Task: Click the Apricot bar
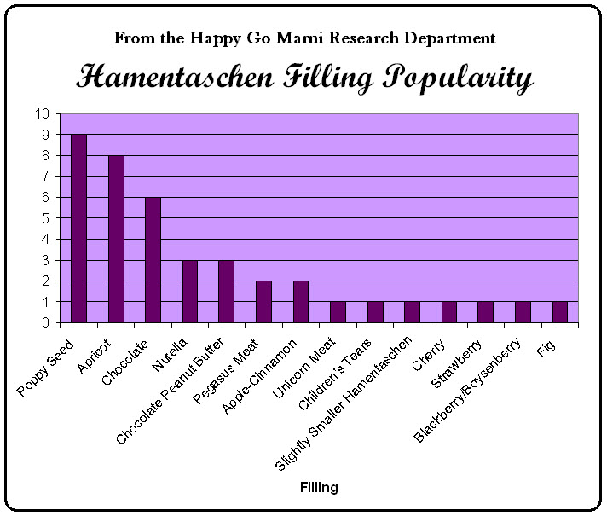click(116, 239)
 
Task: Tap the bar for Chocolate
click(153, 260)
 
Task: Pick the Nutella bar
click(190, 292)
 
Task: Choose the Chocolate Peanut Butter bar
click(227, 292)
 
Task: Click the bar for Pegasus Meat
click(264, 302)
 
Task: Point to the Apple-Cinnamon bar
click(301, 302)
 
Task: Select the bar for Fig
click(560, 312)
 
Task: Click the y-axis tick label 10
click(42, 114)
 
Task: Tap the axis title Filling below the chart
click(319, 488)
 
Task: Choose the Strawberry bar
click(486, 312)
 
